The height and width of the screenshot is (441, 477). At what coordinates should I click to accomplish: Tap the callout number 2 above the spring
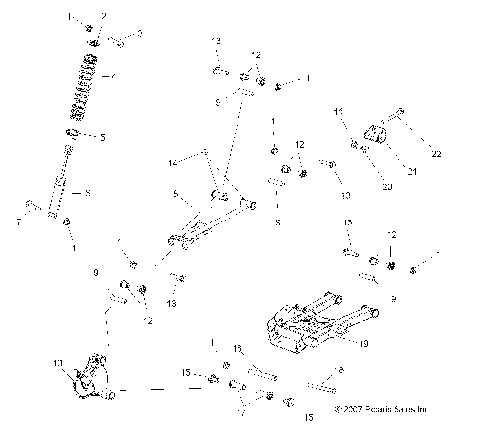tap(102, 17)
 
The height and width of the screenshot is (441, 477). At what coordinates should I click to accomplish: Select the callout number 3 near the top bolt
tap(138, 34)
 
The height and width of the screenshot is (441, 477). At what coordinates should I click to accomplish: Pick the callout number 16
tap(238, 348)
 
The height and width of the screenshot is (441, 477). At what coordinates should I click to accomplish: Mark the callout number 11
tap(338, 110)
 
